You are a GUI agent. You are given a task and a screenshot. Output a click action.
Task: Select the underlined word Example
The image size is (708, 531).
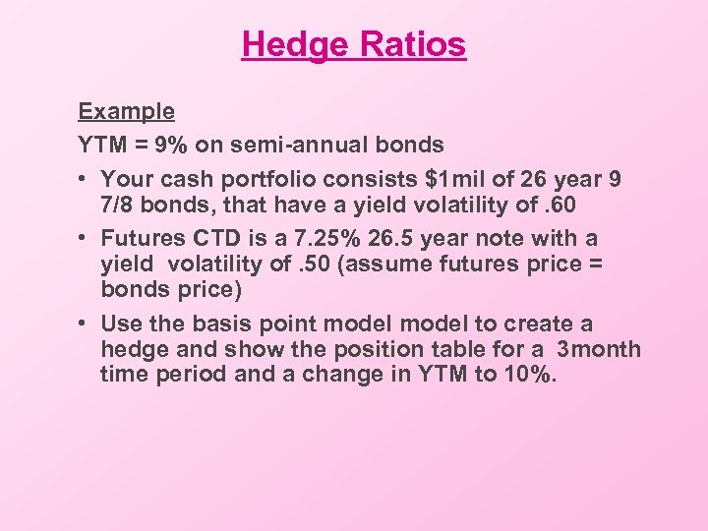[127, 112]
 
